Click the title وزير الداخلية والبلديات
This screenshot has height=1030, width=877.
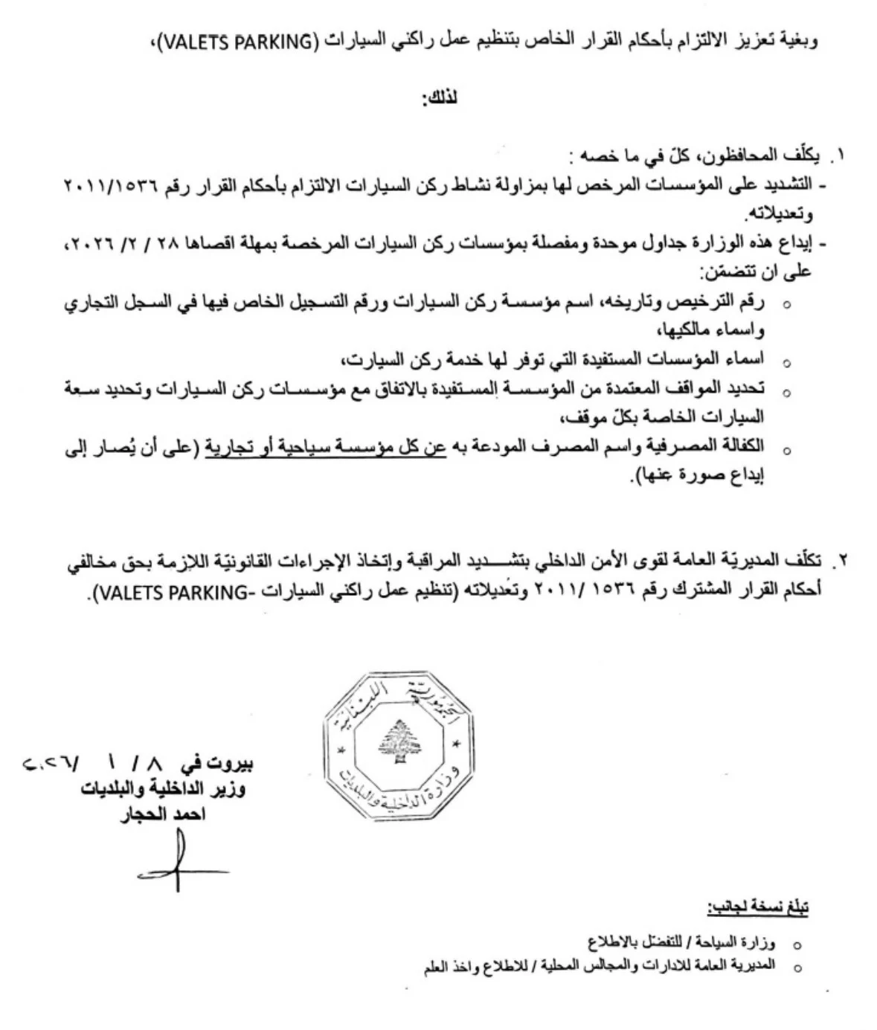pos(164,789)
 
